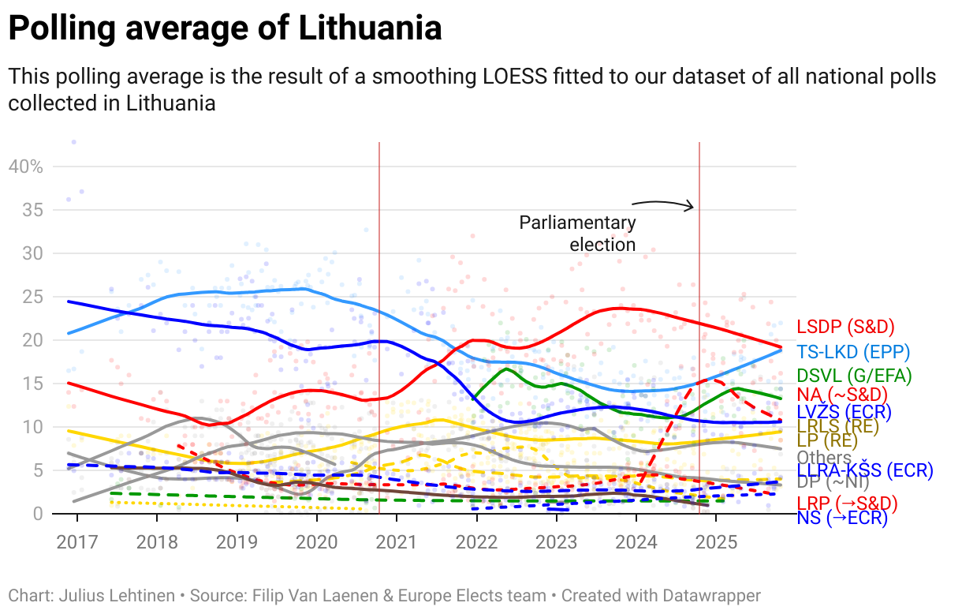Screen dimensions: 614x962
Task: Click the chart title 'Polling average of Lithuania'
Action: [225, 29]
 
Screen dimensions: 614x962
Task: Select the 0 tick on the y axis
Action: [36, 513]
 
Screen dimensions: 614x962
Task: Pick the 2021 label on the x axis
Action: [396, 543]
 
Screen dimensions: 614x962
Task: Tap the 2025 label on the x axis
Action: [715, 543]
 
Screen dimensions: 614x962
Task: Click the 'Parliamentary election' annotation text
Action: [577, 234]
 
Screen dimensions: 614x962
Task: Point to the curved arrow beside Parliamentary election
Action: [662, 204]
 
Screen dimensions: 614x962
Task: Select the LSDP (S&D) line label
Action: [845, 327]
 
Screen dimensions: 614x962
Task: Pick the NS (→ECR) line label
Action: [842, 518]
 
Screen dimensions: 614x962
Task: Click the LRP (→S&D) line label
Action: [847, 503]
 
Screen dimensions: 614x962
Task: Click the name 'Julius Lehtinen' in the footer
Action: [117, 595]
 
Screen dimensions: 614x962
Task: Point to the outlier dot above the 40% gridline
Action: [74, 142]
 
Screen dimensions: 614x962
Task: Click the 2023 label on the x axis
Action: [556, 543]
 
